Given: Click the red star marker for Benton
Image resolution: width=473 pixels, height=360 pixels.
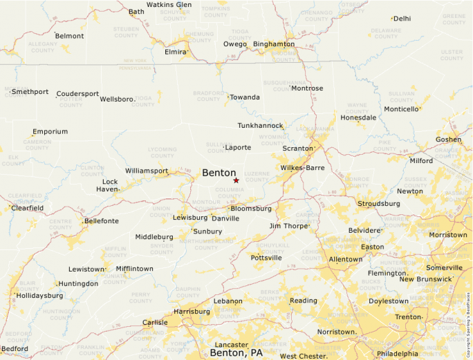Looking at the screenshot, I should (236, 180).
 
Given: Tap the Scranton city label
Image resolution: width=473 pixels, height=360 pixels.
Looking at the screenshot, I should (298, 149).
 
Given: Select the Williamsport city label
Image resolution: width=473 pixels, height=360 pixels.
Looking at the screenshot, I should (146, 171).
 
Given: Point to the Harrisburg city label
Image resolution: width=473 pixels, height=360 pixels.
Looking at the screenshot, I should (191, 312).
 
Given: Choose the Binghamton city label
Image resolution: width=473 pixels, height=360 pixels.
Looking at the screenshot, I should (273, 44).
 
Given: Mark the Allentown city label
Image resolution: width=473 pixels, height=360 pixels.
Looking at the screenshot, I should (345, 259).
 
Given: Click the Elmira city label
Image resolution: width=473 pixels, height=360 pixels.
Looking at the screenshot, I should (175, 52).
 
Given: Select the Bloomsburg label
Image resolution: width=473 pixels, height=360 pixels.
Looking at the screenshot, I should (251, 208).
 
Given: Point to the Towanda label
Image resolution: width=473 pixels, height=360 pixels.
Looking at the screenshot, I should (245, 97).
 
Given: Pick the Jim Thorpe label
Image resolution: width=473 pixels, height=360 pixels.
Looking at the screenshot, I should (288, 226).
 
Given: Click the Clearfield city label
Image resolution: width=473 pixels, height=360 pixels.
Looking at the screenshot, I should (28, 208).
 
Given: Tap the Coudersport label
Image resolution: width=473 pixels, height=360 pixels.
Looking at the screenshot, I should (77, 94).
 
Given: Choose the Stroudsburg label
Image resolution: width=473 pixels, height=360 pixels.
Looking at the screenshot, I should (378, 204).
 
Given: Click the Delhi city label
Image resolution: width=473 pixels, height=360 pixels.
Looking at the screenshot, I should (402, 19).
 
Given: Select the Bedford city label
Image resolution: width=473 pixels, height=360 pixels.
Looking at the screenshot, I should (15, 349).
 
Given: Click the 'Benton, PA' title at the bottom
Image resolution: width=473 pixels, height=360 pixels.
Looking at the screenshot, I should (236, 353).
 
